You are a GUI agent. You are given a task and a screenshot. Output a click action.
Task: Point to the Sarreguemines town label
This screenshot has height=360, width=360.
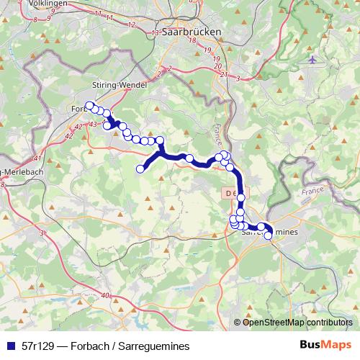tap(269, 231)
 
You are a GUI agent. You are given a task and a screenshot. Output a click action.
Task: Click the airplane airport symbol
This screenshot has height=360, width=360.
tap(312, 60)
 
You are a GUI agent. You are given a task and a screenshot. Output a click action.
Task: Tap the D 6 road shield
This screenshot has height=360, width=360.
tap(228, 193)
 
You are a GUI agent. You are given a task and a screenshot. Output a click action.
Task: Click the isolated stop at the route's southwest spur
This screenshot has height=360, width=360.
tap(140, 168)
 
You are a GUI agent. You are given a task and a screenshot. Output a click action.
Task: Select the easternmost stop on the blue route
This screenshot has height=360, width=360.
tap(269, 235)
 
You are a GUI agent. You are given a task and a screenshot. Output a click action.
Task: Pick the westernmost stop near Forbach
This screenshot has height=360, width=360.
tap(89, 107)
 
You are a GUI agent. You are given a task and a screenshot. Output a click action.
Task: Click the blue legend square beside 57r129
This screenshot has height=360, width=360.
tap(11, 346)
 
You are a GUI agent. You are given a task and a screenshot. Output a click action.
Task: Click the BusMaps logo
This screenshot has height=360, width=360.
tap(325, 346)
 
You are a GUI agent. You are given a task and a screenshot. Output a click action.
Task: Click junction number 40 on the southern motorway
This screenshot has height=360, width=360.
tap(106, 295)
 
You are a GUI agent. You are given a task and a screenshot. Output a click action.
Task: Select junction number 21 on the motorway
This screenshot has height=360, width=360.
tap(224, 75)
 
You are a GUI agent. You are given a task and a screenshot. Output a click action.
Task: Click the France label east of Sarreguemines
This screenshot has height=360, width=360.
tap(313, 194)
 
